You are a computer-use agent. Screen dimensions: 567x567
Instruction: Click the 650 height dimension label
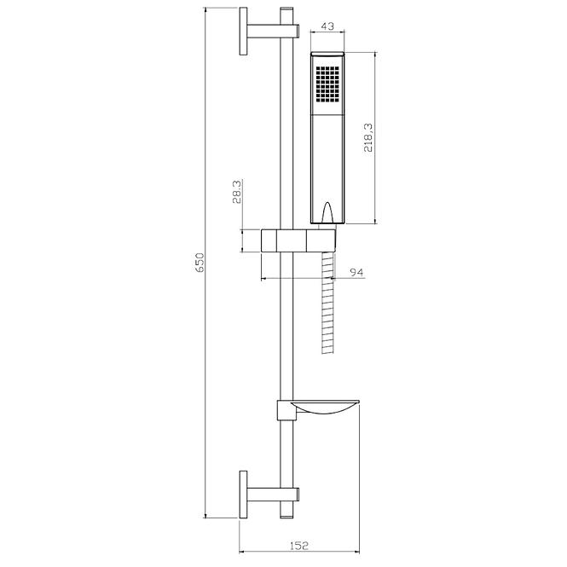point(200,263)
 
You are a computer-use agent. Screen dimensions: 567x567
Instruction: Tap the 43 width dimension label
point(327,26)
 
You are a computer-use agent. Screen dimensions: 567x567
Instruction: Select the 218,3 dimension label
point(368,137)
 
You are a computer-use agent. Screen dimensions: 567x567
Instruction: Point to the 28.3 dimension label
point(237,192)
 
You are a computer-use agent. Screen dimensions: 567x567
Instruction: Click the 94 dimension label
point(356,272)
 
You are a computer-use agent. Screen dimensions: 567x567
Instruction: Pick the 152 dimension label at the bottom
point(299,546)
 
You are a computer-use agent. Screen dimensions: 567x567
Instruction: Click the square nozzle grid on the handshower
point(327,84)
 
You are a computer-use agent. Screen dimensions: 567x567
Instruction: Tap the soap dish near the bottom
point(327,407)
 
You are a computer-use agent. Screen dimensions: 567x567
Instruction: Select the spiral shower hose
point(327,303)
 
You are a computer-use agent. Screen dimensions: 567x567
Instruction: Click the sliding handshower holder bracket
point(298,240)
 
